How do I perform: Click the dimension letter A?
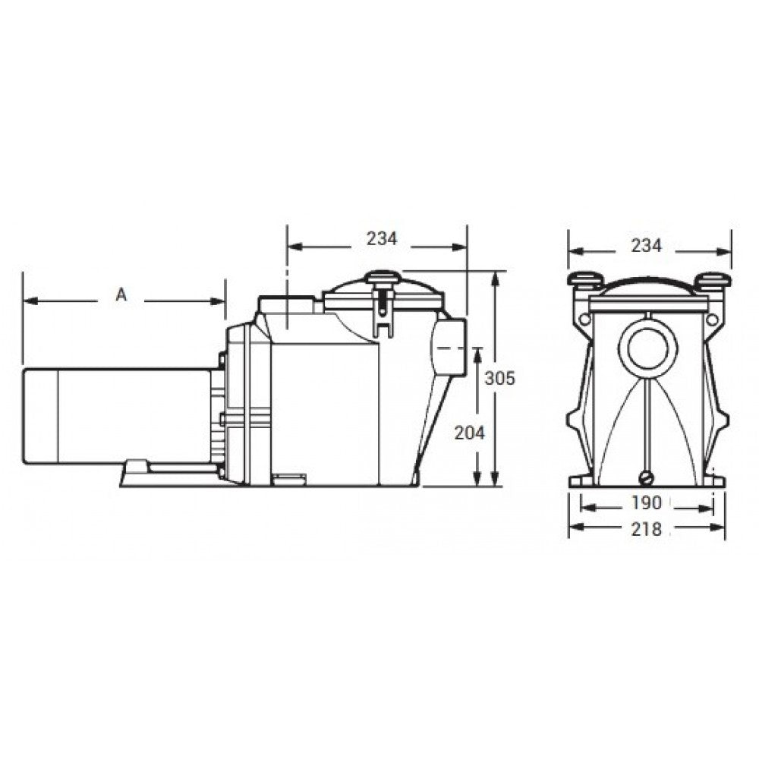[121, 294]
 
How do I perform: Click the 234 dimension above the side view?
[382, 238]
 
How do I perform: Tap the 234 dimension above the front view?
[646, 246]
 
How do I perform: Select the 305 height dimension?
[500, 378]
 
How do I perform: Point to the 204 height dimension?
[469, 433]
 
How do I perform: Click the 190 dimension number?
[646, 503]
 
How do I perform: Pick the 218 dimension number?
[646, 529]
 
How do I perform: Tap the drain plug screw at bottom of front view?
[647, 477]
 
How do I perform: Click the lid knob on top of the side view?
[383, 277]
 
